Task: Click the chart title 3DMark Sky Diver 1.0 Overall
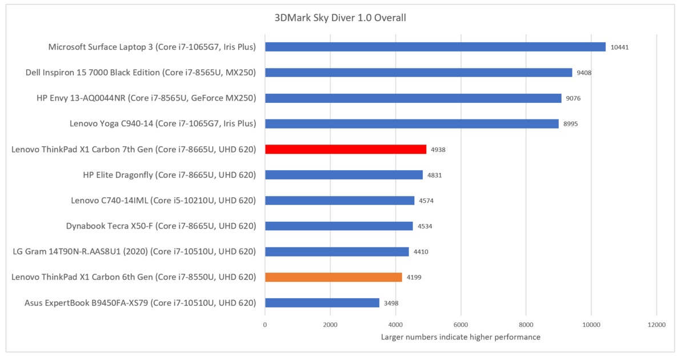click(x=340, y=18)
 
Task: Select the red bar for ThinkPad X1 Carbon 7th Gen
click(x=345, y=149)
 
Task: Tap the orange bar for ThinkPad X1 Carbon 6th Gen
click(x=333, y=277)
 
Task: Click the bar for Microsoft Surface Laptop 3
click(x=435, y=47)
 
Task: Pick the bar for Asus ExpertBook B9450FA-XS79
click(x=322, y=303)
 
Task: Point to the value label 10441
click(x=619, y=47)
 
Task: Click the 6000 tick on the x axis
click(x=460, y=325)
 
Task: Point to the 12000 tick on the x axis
click(x=656, y=325)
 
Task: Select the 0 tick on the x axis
click(x=265, y=325)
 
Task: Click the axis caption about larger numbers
click(x=460, y=337)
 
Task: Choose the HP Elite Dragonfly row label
click(x=169, y=175)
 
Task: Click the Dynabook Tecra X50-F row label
click(x=161, y=226)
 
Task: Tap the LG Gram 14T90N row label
click(x=134, y=251)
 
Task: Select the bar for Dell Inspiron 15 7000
click(x=418, y=73)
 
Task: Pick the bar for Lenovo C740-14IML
click(x=339, y=201)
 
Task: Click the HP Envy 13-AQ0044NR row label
click(x=146, y=98)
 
